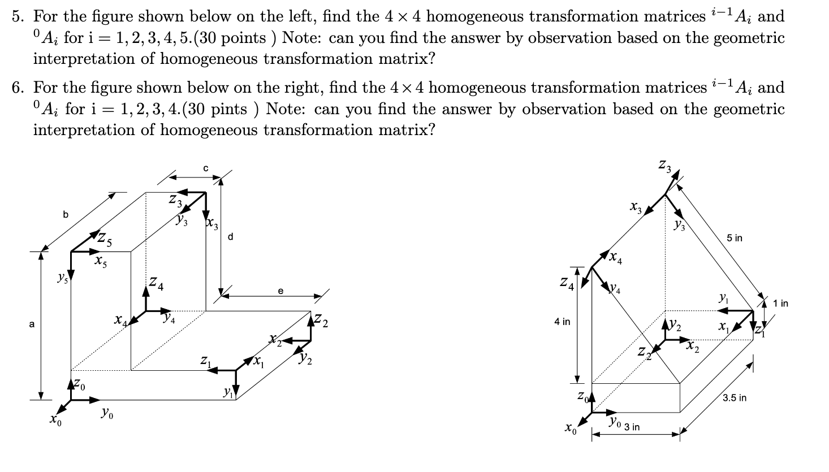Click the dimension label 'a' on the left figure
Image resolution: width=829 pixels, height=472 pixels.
tap(32, 324)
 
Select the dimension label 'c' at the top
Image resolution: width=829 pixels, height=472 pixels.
tap(206, 168)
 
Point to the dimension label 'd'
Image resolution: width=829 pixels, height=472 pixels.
tap(230, 237)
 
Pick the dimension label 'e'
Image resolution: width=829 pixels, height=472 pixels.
tap(280, 291)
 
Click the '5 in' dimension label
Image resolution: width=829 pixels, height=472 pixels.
tap(735, 238)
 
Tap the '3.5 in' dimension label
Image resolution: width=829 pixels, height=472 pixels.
tap(735, 398)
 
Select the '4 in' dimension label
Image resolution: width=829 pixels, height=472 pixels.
tap(563, 322)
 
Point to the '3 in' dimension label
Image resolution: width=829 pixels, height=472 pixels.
tap(632, 427)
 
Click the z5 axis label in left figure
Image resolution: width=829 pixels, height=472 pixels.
tap(104, 240)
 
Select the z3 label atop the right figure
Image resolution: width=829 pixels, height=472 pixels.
tap(664, 166)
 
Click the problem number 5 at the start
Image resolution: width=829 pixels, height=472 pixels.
tap(18, 17)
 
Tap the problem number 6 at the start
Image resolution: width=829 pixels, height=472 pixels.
tap(18, 88)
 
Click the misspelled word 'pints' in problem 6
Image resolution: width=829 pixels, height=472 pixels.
tap(231, 109)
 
